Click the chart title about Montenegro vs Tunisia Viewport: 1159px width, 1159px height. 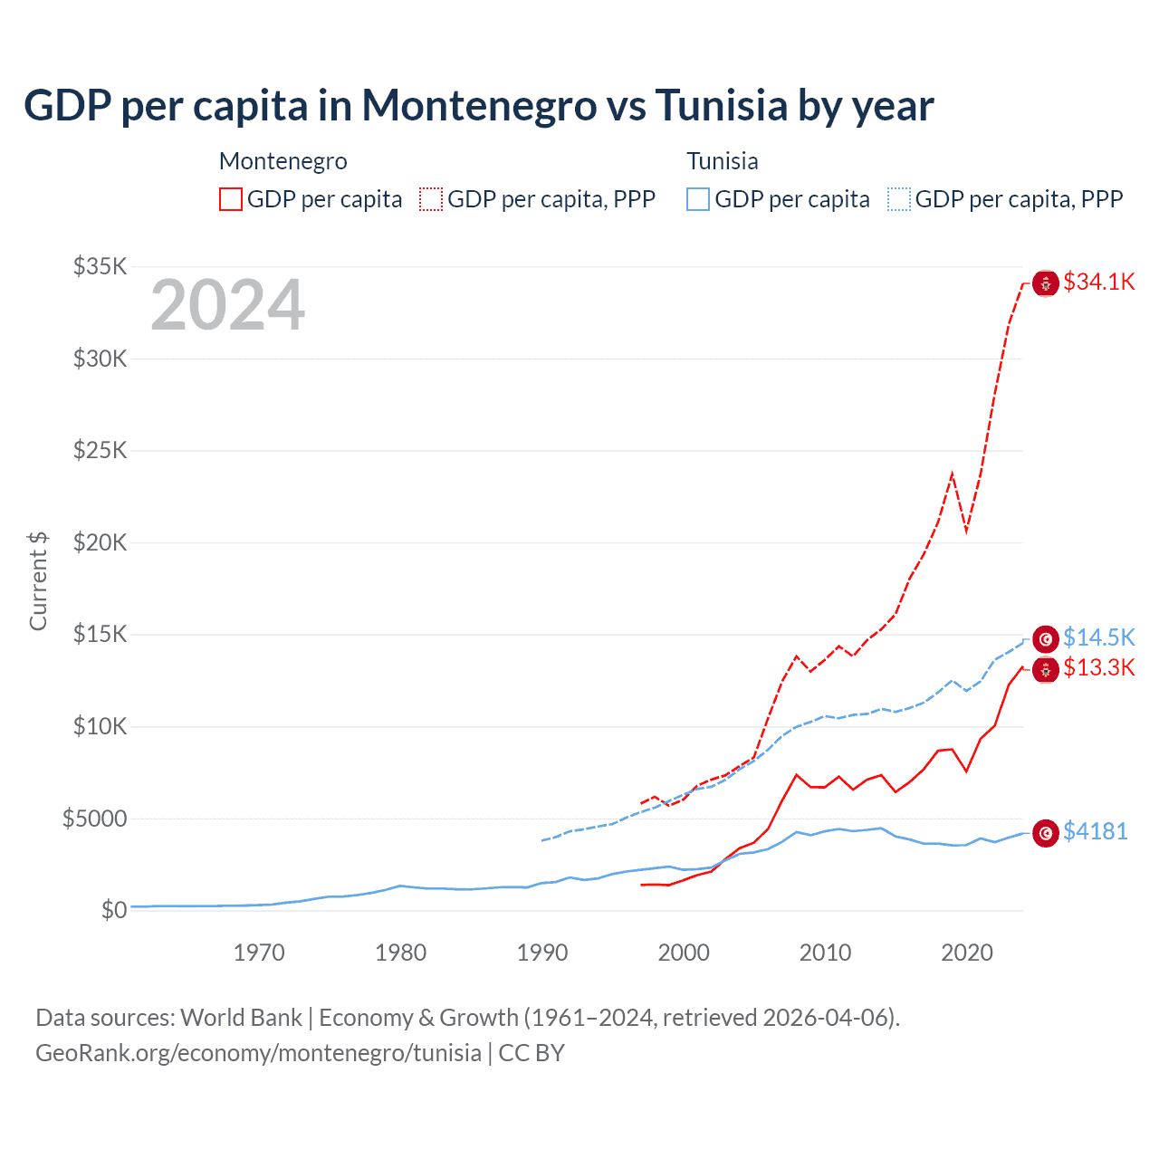pos(478,105)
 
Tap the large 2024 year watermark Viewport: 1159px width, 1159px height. pos(227,306)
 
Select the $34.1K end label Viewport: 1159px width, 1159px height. pos(1098,282)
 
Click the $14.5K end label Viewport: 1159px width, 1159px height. pos(1098,637)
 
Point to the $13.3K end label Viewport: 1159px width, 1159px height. pos(1098,668)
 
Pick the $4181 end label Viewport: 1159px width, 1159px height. pos(1095,831)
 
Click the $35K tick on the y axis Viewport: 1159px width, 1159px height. pos(101,266)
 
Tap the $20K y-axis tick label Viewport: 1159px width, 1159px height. pos(101,542)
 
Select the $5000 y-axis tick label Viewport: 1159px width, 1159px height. pos(95,819)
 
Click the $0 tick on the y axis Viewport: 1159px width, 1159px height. pos(114,910)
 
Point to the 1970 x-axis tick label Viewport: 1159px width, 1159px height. pos(259,953)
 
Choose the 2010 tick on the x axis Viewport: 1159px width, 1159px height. pos(825,953)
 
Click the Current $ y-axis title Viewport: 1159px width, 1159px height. pos(38,581)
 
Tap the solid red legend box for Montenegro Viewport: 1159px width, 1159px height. pos(231,199)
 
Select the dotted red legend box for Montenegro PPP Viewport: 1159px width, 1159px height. pos(431,199)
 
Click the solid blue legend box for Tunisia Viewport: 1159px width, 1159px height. pos(698,199)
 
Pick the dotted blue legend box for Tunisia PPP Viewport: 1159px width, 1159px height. pos(899,199)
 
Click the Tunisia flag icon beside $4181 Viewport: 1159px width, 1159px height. pos(1046,833)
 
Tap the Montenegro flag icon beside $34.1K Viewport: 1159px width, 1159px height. pos(1046,283)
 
